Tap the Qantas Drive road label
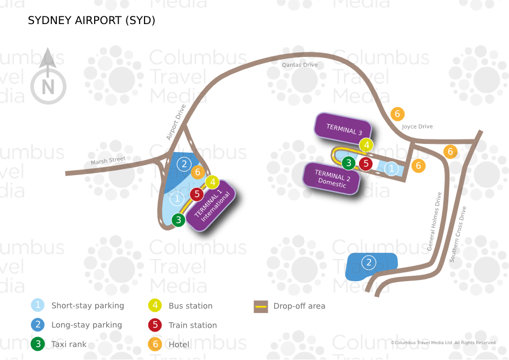pyautogui.click(x=299, y=65)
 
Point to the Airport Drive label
pyautogui.click(x=176, y=122)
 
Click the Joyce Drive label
pyautogui.click(x=417, y=126)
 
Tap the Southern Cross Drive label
pyautogui.click(x=458, y=234)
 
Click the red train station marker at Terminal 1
pyautogui.click(x=197, y=194)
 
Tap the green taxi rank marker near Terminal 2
pyautogui.click(x=349, y=162)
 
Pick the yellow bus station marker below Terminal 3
pyautogui.click(x=366, y=146)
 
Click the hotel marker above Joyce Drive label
pyautogui.click(x=398, y=114)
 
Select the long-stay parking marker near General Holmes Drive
pyautogui.click(x=369, y=263)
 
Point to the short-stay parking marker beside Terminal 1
pyautogui.click(x=177, y=199)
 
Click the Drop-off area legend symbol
pyautogui.click(x=261, y=306)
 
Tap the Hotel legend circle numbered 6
pyautogui.click(x=155, y=344)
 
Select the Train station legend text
pyautogui.click(x=193, y=325)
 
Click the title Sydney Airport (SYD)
pyautogui.click(x=91, y=21)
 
